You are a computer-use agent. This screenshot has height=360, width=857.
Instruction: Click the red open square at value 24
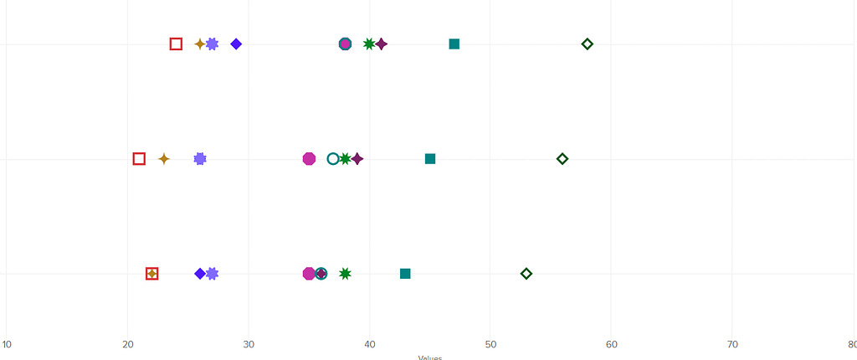tap(176, 44)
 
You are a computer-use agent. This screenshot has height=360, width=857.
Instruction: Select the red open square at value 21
tap(139, 158)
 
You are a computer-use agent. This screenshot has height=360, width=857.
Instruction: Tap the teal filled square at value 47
tap(454, 44)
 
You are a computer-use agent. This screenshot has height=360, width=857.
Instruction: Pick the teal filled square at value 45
tap(430, 158)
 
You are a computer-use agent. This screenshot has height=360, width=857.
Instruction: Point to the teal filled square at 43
tap(405, 274)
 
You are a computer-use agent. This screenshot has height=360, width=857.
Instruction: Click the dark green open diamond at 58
tap(588, 44)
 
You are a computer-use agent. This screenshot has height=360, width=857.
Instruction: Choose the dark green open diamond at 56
tap(562, 158)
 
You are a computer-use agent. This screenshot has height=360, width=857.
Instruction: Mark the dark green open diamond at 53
tap(526, 274)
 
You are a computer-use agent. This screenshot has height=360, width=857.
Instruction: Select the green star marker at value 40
tap(369, 44)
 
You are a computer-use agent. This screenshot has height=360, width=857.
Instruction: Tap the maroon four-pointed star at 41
tap(382, 44)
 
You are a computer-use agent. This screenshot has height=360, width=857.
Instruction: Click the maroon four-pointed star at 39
tap(357, 158)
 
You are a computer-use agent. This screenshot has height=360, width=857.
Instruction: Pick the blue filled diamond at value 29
tap(236, 44)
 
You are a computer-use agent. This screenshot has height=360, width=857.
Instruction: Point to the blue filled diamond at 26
tap(200, 274)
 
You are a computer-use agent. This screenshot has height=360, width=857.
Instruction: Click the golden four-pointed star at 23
tap(164, 158)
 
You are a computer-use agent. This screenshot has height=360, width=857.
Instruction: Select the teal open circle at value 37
tap(333, 158)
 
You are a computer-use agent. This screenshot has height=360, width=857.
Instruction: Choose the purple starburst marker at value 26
tap(200, 158)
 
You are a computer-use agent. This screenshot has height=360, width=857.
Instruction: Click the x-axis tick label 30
tap(249, 344)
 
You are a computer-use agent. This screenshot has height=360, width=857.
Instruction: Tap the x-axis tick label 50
tap(490, 344)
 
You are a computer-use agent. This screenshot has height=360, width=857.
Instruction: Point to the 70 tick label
tap(732, 344)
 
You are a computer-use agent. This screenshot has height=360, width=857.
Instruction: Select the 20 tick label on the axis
tap(128, 344)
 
